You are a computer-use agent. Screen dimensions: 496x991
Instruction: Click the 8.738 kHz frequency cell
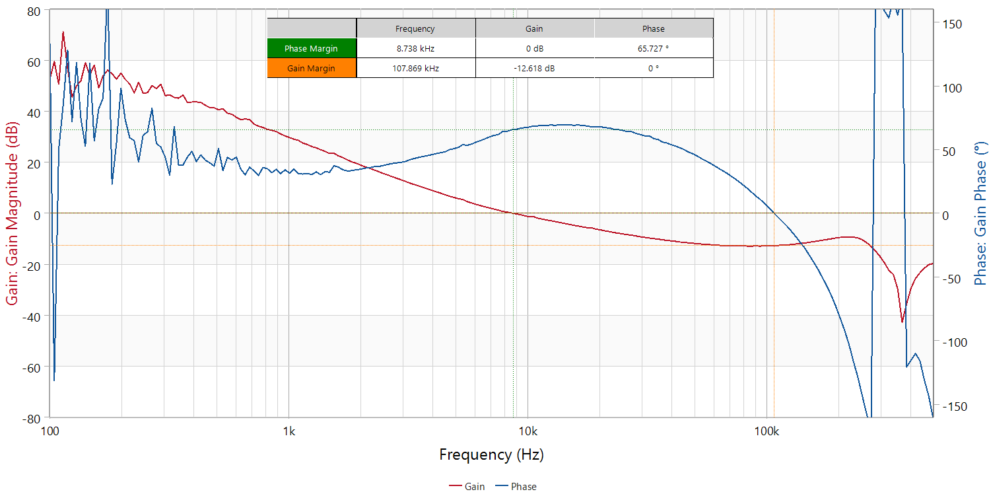click(415, 48)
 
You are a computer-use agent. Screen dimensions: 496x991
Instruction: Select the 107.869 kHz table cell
click(415, 68)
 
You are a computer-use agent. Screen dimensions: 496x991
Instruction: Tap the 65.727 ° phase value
click(653, 48)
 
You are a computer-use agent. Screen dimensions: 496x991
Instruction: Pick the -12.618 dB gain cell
click(534, 68)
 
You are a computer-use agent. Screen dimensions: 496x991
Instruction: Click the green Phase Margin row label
click(311, 48)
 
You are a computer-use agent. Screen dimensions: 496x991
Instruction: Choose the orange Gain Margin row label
click(311, 68)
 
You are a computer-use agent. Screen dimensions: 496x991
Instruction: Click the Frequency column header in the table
click(415, 28)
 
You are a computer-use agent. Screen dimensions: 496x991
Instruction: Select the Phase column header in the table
click(653, 28)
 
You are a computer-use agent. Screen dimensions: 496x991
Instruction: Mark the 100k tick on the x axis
click(766, 432)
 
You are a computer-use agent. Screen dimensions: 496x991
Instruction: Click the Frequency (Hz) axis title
click(491, 454)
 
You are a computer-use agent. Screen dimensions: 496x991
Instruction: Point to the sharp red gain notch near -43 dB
click(902, 322)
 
